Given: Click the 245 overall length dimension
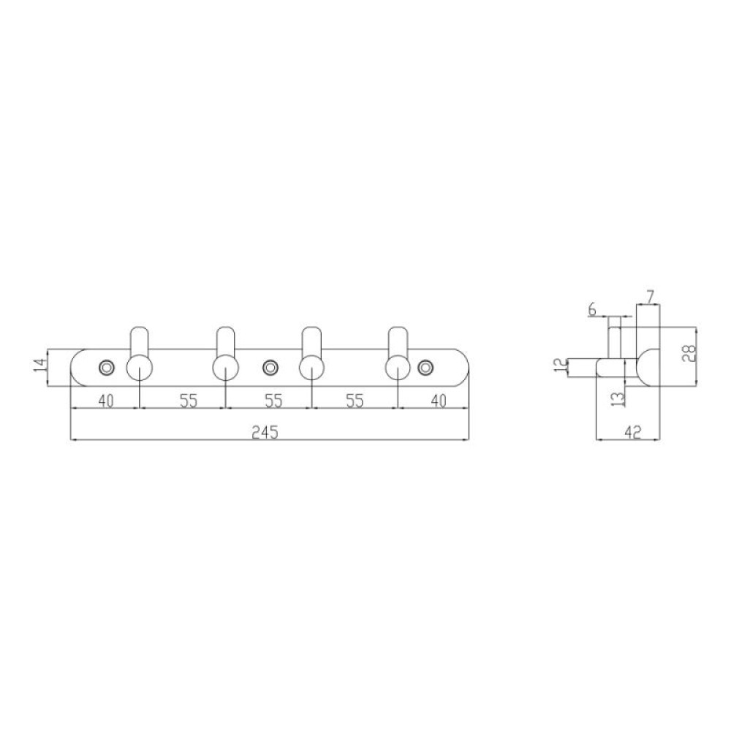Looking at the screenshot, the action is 265,433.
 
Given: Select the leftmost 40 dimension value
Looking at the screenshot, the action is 106,401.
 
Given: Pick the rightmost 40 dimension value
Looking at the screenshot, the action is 438,401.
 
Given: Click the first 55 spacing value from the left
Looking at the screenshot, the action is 189,401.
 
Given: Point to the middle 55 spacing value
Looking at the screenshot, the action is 273,401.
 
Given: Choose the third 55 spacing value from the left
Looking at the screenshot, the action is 355,401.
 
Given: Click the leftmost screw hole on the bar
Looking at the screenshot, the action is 107,368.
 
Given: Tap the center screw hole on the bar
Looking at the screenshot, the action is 269,368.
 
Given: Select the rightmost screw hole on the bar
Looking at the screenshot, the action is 425,368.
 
